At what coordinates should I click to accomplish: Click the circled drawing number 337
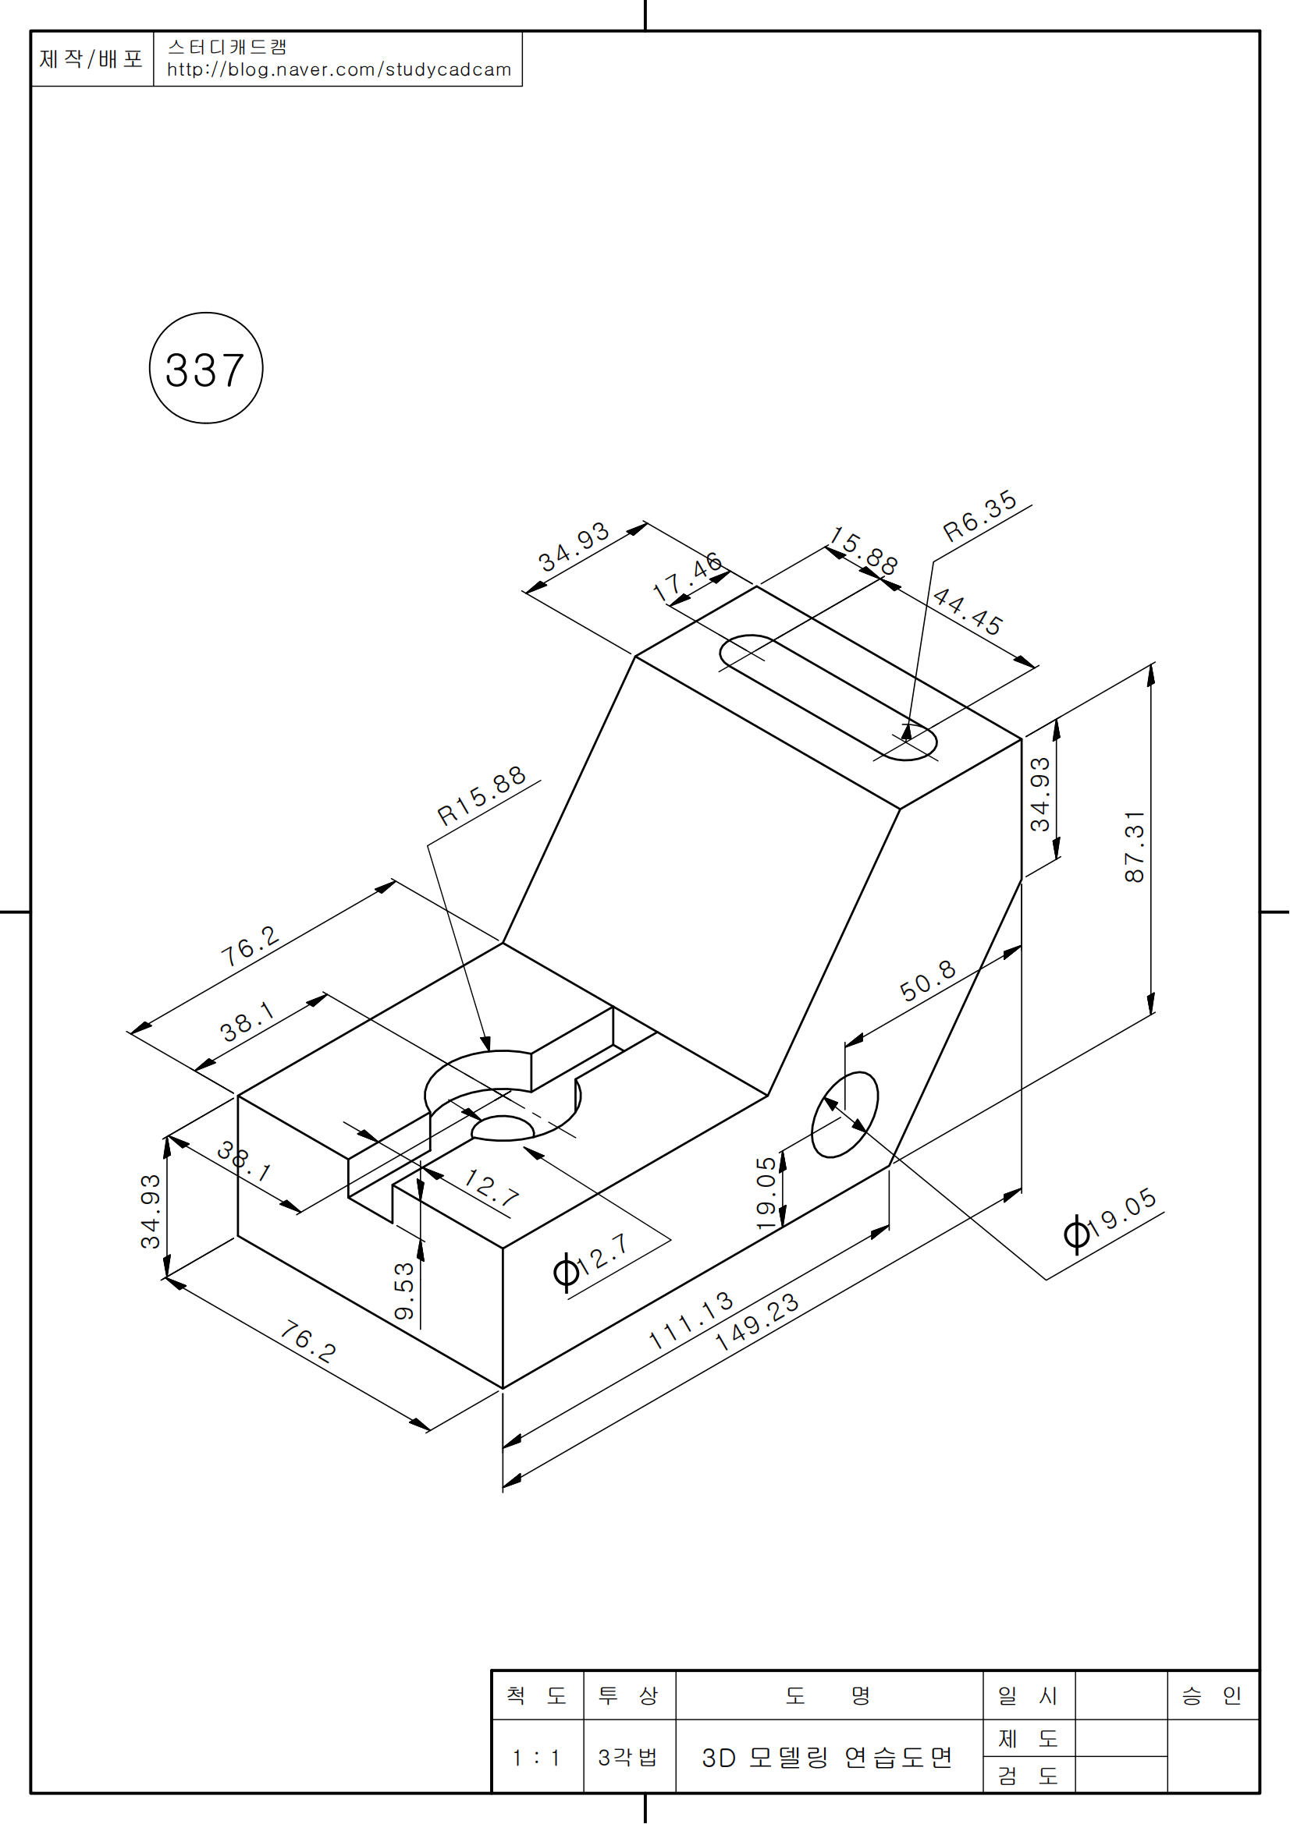pos(206,369)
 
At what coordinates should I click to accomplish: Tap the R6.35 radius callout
pos(979,515)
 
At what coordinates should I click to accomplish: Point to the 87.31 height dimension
pos(1134,846)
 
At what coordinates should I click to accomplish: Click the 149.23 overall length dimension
pos(756,1322)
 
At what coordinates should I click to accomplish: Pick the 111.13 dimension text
pos(690,1320)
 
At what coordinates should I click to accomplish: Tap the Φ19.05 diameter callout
pos(1111,1222)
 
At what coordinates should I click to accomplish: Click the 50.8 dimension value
pos(928,980)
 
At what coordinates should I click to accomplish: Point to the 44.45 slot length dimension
pos(967,611)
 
